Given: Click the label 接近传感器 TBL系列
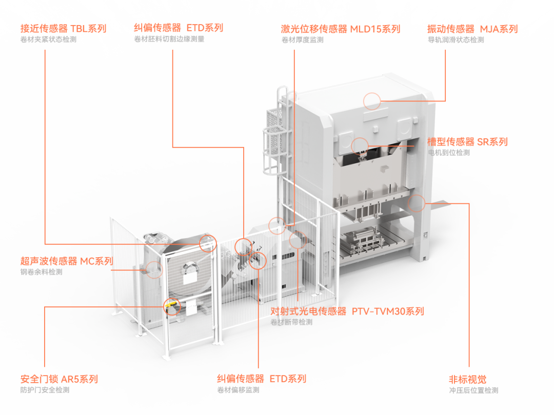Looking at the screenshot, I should point(63,28).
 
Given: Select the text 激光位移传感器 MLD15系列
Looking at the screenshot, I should point(340,29).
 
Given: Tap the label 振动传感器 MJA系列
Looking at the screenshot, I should point(472,29).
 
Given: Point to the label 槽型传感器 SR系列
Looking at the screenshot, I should point(467,142).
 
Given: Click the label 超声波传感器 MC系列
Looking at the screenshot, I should point(66,261).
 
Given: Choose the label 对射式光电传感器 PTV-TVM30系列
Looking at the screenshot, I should point(347,312).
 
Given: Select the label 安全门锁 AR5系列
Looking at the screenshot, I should point(58,380).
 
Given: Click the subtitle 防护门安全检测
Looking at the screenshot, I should point(45,390).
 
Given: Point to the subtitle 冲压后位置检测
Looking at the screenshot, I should point(473,390).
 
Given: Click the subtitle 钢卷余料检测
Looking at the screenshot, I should point(41,272).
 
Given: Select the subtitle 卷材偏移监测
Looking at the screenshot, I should point(238,390).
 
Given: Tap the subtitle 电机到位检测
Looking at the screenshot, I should point(449,153).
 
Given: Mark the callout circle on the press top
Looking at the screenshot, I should point(372,101).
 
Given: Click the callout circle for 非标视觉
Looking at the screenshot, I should point(417,203).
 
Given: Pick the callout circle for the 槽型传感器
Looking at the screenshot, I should point(360,146).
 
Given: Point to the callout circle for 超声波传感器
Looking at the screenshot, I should point(154,268).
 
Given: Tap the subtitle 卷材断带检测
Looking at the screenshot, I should point(291,322).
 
